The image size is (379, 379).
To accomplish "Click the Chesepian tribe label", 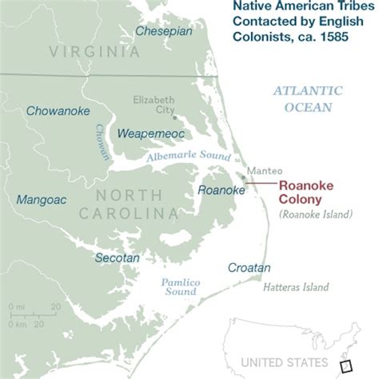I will [x=164, y=31].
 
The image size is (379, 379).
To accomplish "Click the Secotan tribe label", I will [x=117, y=258].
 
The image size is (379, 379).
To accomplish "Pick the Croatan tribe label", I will [x=249, y=268].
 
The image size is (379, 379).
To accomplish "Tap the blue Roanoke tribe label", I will [x=221, y=189].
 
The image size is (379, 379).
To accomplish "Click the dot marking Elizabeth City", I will [x=174, y=117].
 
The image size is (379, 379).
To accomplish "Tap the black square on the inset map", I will [x=345, y=366].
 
